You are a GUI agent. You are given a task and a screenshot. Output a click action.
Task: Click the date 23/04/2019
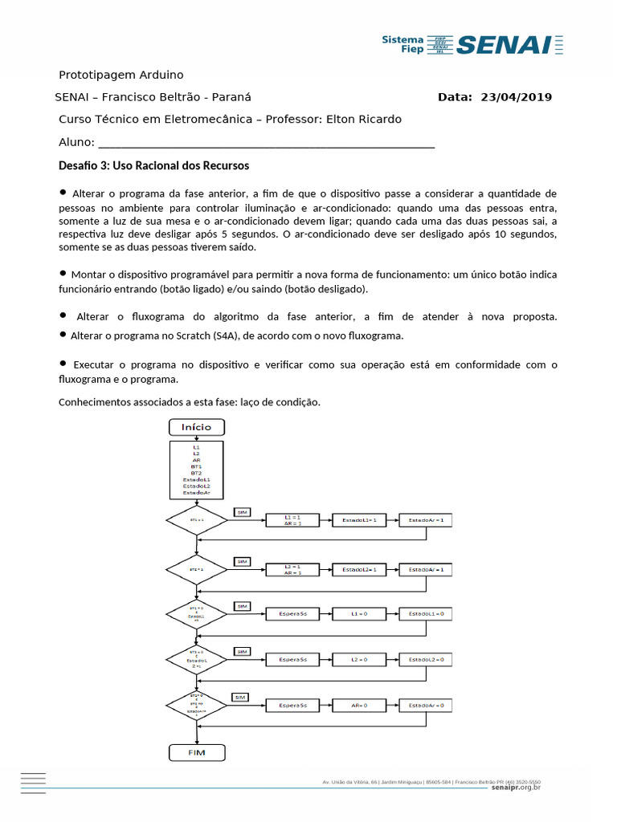point(516,97)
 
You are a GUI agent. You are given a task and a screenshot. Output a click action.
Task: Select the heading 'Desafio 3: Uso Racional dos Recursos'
point(154,165)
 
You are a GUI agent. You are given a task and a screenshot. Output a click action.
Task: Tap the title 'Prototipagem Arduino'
point(121,75)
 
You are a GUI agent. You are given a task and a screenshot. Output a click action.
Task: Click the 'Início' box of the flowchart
point(197,427)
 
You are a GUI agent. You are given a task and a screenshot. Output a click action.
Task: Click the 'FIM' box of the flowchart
point(197,753)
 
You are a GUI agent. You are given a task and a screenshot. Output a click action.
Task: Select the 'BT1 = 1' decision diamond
point(197,520)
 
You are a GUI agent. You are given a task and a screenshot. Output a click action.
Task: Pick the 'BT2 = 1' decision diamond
point(197,569)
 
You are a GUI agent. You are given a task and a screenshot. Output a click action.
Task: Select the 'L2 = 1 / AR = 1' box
point(292,569)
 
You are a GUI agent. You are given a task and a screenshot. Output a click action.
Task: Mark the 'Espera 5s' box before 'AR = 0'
point(292,705)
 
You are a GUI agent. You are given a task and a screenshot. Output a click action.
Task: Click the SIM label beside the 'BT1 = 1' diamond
point(242,511)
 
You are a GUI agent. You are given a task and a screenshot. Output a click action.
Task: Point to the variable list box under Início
point(197,470)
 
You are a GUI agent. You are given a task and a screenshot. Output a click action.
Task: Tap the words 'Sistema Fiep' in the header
point(402,44)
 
